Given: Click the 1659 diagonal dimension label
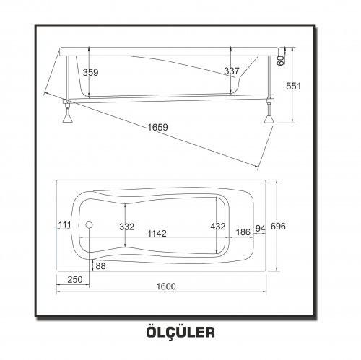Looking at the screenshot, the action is pos(157,127).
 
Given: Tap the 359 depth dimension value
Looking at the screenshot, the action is pos(91,72).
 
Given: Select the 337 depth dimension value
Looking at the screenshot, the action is pos(232,71).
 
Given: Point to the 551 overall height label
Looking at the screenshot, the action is pos(294,86).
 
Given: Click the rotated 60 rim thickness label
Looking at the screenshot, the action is pos(280,61).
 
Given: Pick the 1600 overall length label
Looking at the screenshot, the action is pos(166,286).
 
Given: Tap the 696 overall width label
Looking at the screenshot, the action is pos(278,227).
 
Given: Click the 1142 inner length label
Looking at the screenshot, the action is pos(157,234).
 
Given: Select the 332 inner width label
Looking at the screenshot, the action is pos(127,227).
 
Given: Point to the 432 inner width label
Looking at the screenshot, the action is pos(218,227).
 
